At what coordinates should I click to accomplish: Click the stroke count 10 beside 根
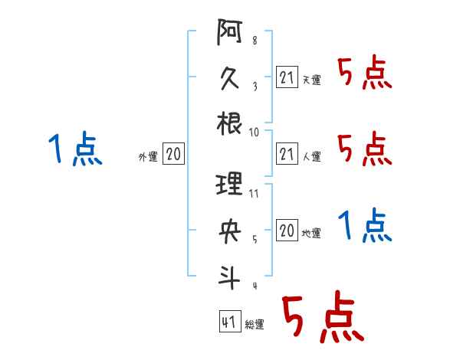coord(255,132)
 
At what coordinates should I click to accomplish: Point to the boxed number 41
coord(228,322)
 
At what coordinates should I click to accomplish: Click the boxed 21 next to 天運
coord(287,77)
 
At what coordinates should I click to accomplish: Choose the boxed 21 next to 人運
coord(287,154)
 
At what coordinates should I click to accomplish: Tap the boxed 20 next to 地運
coord(287,231)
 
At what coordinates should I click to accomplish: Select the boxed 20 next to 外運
coord(173,154)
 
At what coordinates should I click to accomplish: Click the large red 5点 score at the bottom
coord(320,319)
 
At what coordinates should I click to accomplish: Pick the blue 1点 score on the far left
coord(75,149)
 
